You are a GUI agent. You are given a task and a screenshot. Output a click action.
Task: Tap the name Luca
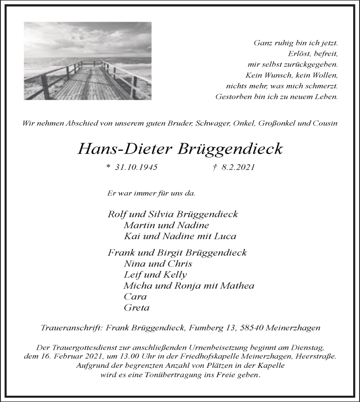coord(227,236)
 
